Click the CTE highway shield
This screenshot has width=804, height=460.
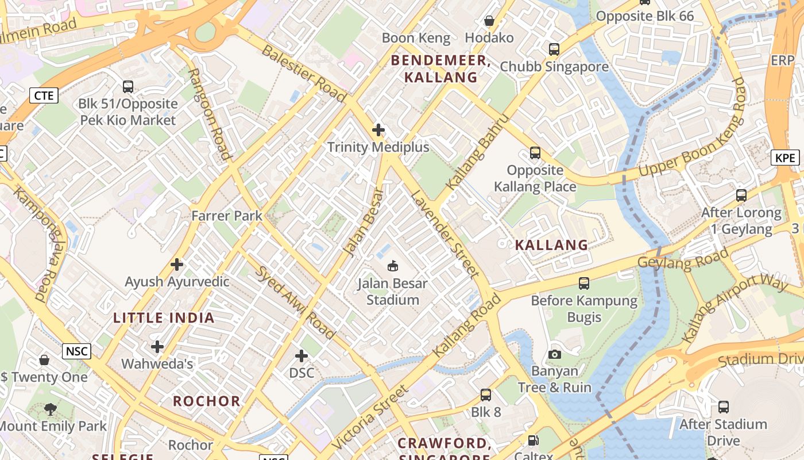[44, 95]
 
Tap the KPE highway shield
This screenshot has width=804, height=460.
[785, 158]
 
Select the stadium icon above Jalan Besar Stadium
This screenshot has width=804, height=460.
[393, 266]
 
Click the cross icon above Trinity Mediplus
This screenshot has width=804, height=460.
[378, 130]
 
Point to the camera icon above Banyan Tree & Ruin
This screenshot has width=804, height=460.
[554, 354]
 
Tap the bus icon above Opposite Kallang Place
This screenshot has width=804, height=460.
[535, 153]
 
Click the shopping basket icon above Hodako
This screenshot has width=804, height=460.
[489, 21]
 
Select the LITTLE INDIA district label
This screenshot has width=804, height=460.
[164, 318]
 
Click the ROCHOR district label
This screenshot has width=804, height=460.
[207, 401]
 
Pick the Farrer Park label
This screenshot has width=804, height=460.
[227, 216]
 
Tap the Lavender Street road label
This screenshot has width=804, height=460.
[444, 233]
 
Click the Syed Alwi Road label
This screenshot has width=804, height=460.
[295, 302]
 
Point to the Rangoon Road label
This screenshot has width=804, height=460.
[210, 114]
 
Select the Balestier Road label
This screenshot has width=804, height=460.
[303, 73]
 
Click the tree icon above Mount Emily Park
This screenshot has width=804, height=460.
[51, 409]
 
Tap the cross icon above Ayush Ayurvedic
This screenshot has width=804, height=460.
[177, 264]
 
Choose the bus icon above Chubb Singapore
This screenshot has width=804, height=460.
[554, 49]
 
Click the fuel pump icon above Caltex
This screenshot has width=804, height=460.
[534, 441]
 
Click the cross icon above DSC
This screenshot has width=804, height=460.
[301, 356]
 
